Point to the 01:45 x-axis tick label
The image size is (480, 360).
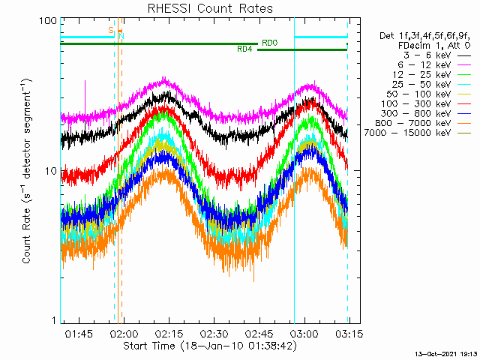pyautogui.click(x=78, y=332)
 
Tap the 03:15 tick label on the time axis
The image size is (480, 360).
pyautogui.click(x=348, y=332)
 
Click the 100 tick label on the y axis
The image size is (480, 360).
pyautogui.click(x=48, y=20)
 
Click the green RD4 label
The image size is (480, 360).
pyautogui.click(x=244, y=49)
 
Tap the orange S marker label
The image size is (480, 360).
pyautogui.click(x=111, y=30)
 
